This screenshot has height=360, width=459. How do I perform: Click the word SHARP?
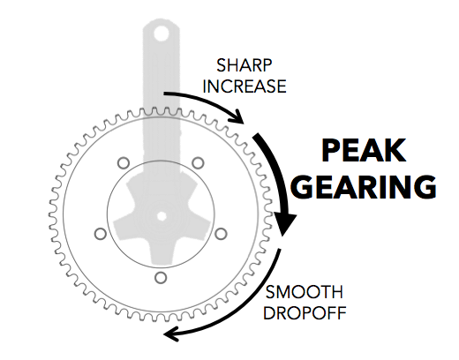245,65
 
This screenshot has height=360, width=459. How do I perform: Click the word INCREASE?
245,86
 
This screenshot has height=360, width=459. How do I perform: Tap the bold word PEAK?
364,151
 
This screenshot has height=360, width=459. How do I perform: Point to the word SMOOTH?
305,292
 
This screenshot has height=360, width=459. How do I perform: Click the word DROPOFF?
305,313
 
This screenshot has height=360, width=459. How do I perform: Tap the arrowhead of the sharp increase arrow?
237,117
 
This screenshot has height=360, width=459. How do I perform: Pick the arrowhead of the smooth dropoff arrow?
172,334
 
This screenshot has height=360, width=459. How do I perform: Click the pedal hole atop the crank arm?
161,34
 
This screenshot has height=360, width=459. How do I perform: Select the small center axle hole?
162,216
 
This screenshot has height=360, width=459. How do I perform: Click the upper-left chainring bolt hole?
124,163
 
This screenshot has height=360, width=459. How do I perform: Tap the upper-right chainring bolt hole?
198,163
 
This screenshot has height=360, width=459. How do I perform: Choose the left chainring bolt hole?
101,234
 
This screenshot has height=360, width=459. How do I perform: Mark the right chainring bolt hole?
221,234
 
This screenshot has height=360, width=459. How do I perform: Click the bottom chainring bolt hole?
161,278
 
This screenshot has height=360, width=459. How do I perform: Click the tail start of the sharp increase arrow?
165,94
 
